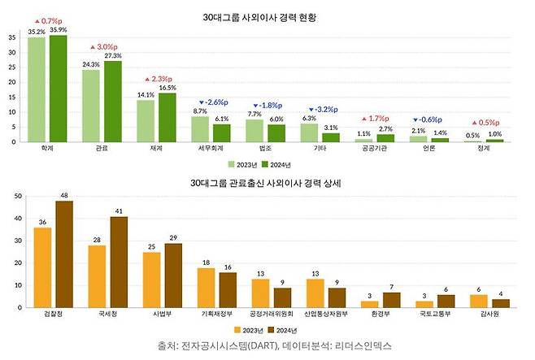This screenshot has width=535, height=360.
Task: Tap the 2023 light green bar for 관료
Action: pos(91,106)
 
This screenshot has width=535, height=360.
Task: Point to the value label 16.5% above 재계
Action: pos(167,88)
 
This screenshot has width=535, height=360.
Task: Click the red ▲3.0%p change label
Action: pos(104,47)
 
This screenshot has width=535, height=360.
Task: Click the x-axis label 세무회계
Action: pos(211,150)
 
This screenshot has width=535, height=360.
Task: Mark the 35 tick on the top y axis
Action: pos(12,38)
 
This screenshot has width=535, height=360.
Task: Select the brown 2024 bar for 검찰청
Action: pos(63,254)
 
